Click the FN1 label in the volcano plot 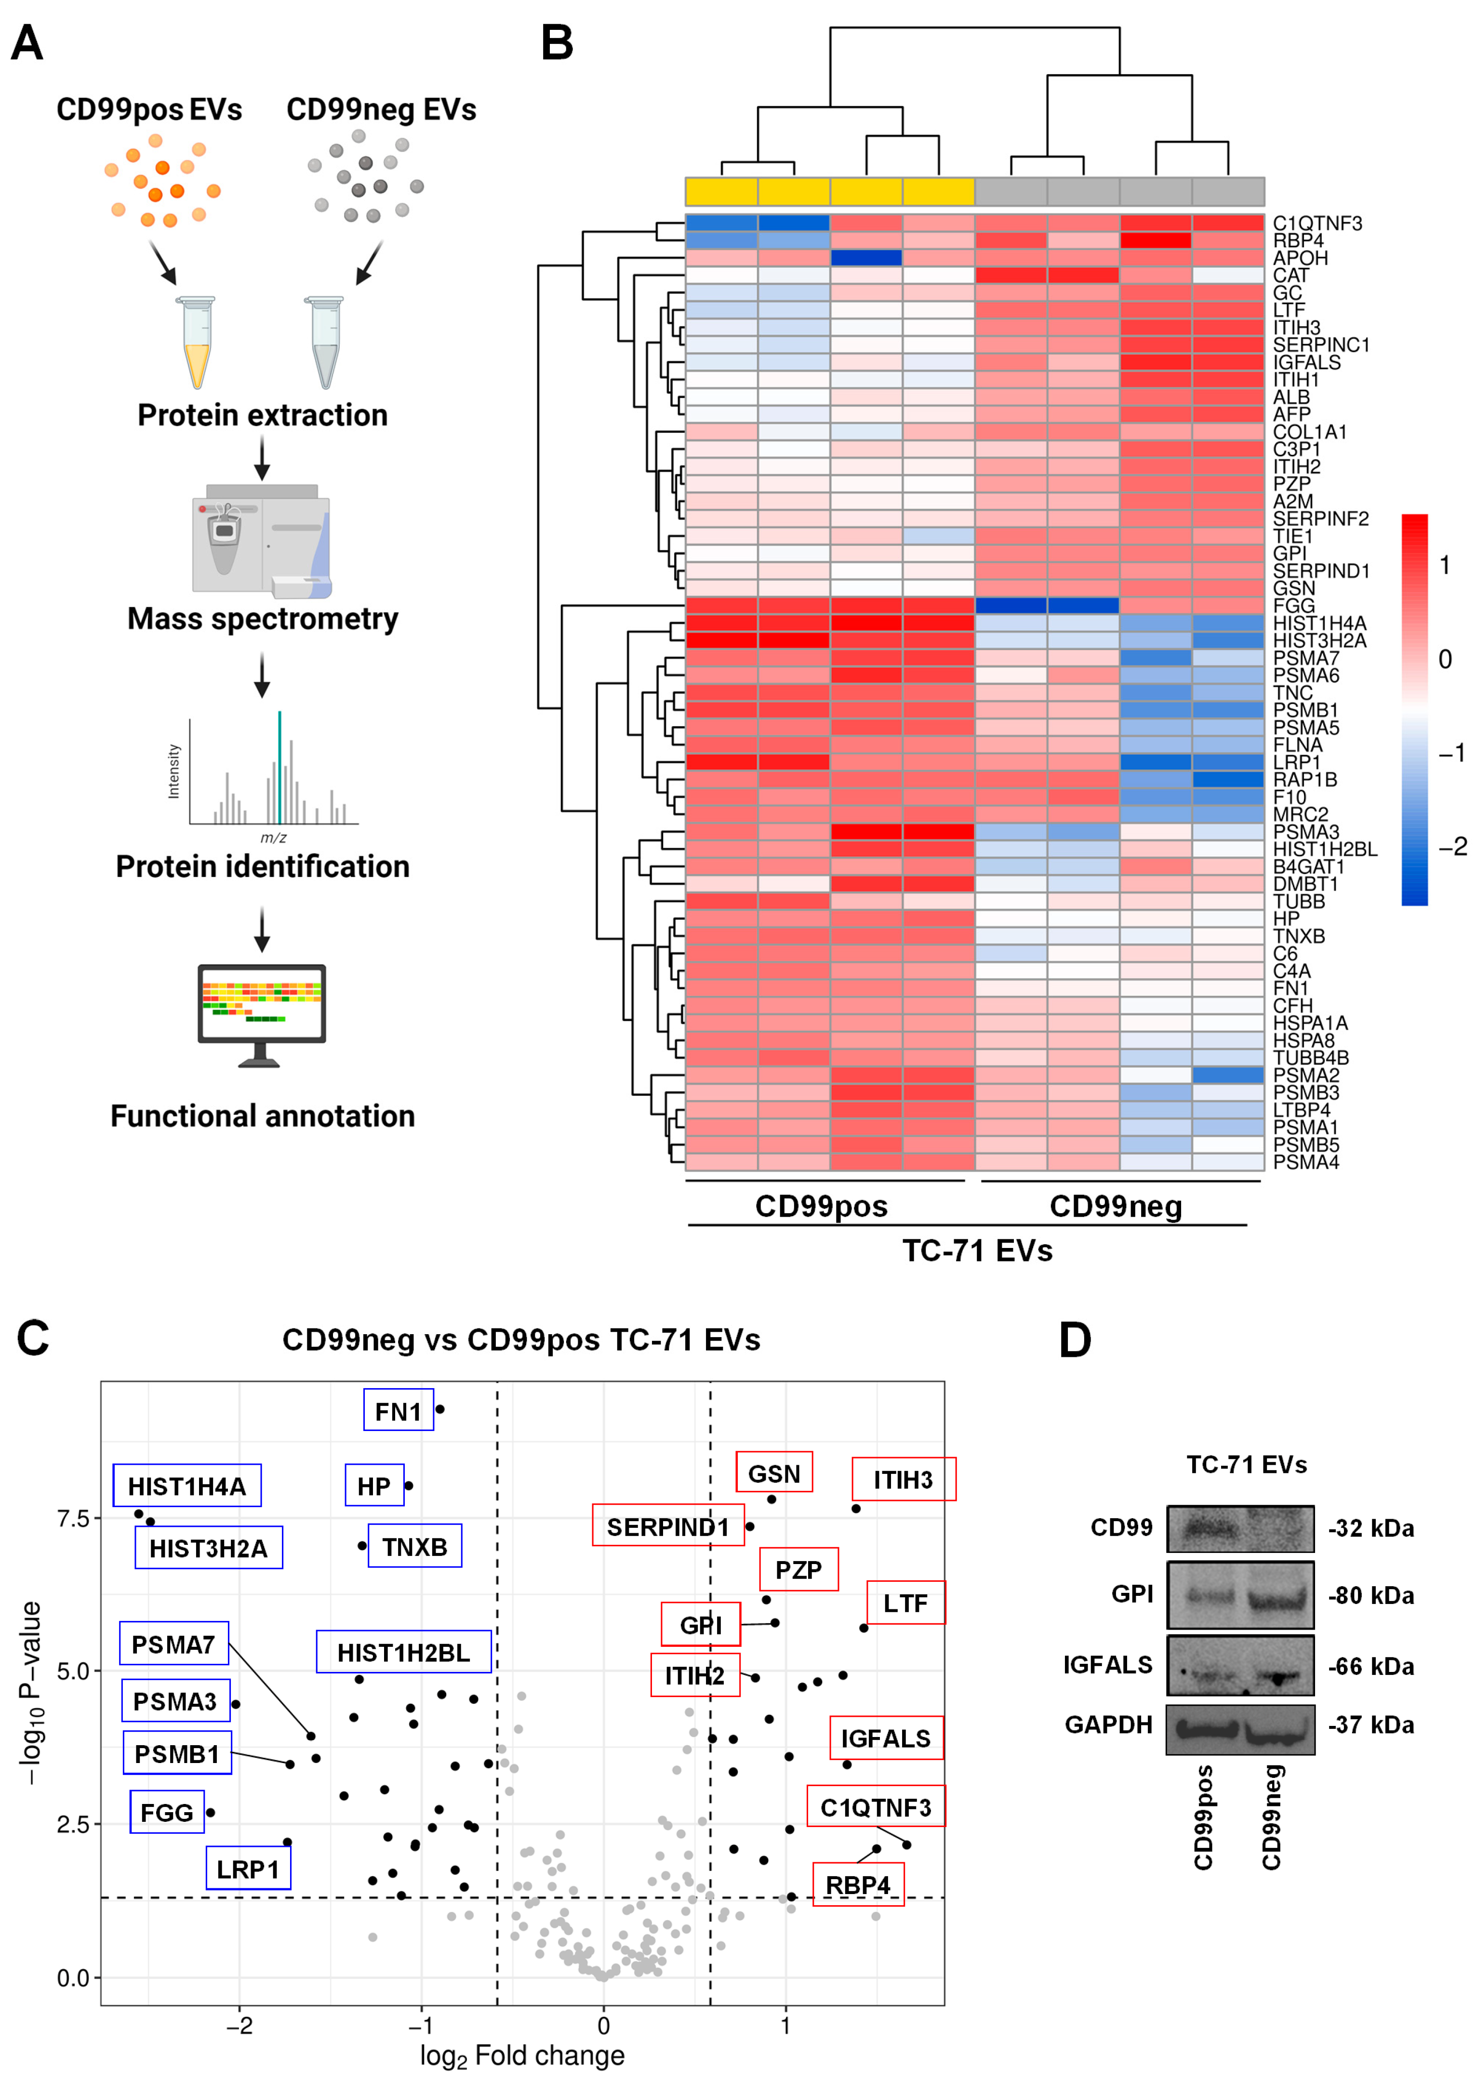(x=398, y=1411)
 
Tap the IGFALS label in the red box (x=885, y=1738)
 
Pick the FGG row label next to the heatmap (x=1293, y=605)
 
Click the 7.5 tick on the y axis (x=73, y=1519)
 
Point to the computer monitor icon (x=262, y=1013)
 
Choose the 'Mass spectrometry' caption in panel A (x=263, y=619)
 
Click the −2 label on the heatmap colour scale (x=1451, y=847)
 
